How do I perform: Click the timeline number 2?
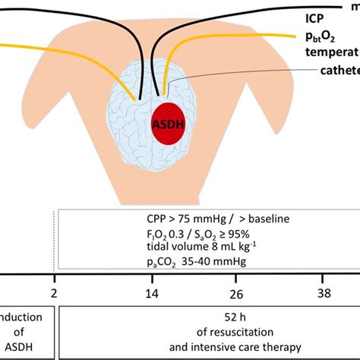click(55, 292)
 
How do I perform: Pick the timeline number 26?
click(237, 292)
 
